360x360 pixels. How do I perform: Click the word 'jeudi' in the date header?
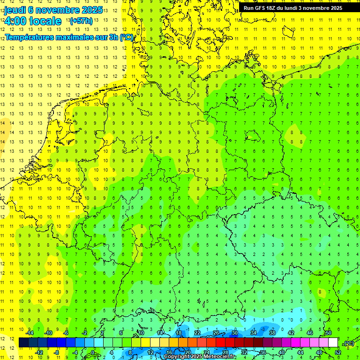15,9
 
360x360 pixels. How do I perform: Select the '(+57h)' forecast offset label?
81,21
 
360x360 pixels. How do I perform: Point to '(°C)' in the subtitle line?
126,37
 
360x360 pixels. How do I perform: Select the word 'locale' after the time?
45,21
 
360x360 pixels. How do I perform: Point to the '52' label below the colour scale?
338,352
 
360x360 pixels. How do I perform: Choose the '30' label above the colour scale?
235,333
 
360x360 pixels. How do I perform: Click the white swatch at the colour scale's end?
333,343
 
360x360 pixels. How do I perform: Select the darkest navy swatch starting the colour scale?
24,343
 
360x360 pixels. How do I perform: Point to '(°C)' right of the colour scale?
348,343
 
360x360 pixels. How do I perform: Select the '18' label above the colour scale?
179,333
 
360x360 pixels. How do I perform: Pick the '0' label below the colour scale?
93,352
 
